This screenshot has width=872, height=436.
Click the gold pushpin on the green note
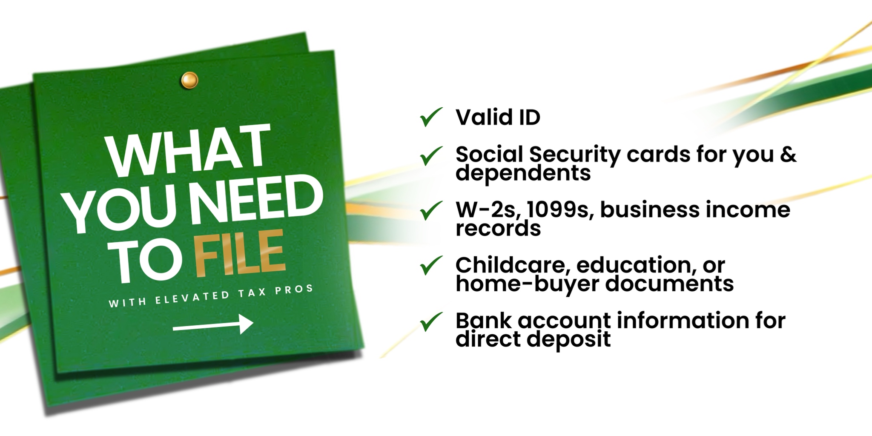tap(189, 80)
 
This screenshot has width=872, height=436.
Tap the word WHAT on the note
tap(189, 149)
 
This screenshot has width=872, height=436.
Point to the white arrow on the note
tap(213, 324)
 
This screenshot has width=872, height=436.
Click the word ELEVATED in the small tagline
tap(192, 297)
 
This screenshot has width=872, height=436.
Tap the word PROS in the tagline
tap(294, 290)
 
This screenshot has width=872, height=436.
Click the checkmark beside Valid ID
tap(431, 117)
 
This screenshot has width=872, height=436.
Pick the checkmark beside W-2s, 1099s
tap(431, 211)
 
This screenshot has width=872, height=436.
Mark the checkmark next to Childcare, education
tap(431, 266)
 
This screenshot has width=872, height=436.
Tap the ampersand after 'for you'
tap(788, 154)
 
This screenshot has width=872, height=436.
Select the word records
tap(498, 229)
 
